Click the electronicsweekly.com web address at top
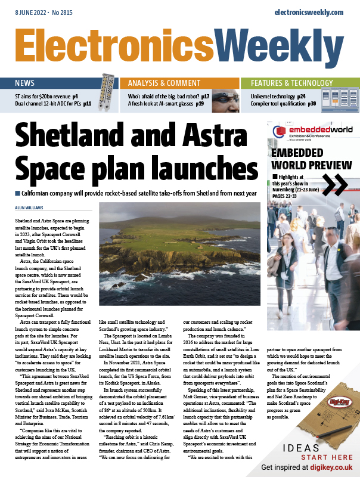point(309,12)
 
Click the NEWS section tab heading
point(25,83)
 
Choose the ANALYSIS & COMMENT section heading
point(163,83)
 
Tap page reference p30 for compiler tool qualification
point(312,104)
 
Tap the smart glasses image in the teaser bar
point(223,97)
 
